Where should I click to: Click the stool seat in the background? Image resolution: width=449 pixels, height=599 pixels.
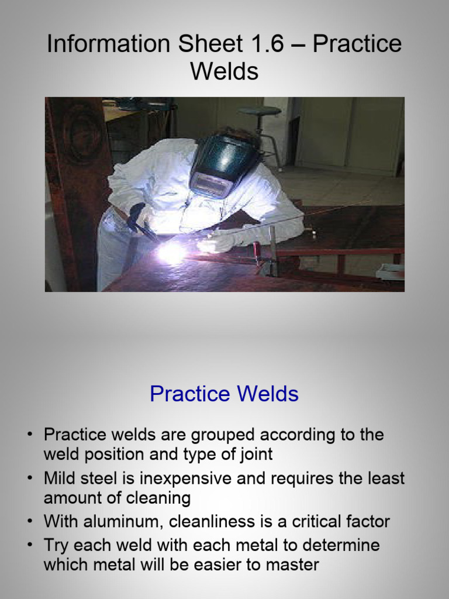pyautogui.click(x=259, y=111)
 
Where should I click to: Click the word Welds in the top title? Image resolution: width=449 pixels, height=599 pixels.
pyautogui.click(x=224, y=71)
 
